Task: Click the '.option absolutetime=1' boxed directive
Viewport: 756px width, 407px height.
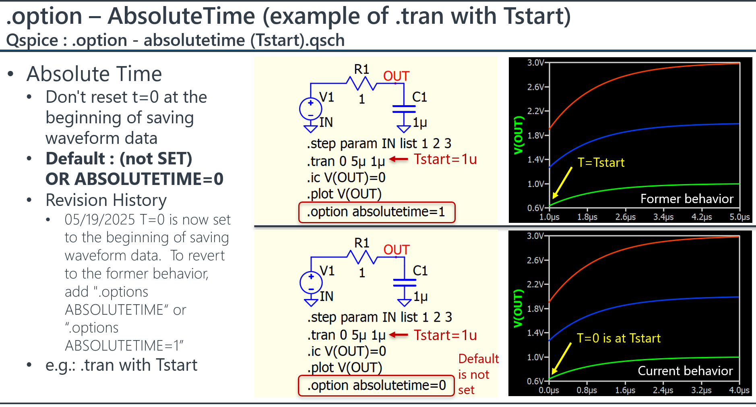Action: [x=377, y=212]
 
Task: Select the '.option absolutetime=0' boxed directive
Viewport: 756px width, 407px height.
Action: [x=376, y=386]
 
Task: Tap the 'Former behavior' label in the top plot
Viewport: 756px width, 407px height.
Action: [x=687, y=199]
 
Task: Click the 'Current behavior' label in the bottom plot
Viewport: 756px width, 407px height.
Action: [x=685, y=371]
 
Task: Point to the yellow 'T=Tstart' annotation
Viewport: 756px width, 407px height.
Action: [x=601, y=162]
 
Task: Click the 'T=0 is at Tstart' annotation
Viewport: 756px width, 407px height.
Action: [x=619, y=338]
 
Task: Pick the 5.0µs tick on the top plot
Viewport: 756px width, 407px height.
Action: [x=739, y=217]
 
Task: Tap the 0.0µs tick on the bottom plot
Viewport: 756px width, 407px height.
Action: [x=549, y=390]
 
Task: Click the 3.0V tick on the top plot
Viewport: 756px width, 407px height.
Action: [x=536, y=62]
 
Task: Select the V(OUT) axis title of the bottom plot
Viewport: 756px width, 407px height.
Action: [x=518, y=308]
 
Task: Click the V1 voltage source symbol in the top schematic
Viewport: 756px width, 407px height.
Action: [x=311, y=108]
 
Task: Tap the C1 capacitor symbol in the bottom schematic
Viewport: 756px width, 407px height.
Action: [x=405, y=282]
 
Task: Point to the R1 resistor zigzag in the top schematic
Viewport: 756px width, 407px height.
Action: [x=361, y=83]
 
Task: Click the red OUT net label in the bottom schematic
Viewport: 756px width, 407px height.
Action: [x=397, y=250]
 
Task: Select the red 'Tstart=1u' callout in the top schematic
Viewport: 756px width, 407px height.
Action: [x=445, y=159]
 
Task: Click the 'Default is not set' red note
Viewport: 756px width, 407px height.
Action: [x=478, y=374]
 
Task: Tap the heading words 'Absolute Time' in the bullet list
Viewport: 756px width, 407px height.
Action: [x=94, y=74]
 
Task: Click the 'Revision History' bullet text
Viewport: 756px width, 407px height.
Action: [x=106, y=200]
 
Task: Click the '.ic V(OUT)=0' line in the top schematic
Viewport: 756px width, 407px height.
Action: [x=346, y=177]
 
